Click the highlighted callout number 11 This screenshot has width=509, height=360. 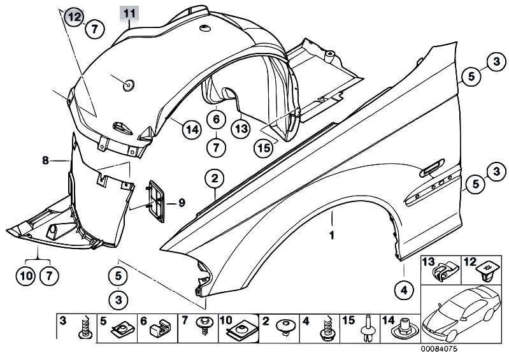[129, 13]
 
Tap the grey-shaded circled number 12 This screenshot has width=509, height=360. [75, 17]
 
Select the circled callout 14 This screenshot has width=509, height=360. [192, 130]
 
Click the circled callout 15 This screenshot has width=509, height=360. [264, 148]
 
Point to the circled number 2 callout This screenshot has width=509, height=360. [215, 179]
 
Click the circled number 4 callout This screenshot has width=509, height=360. [404, 291]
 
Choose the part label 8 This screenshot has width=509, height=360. [46, 160]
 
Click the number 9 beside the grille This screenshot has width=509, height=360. [182, 203]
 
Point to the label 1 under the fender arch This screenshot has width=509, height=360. [332, 235]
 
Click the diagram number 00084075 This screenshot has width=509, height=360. [439, 349]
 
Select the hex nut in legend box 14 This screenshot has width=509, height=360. [404, 329]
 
